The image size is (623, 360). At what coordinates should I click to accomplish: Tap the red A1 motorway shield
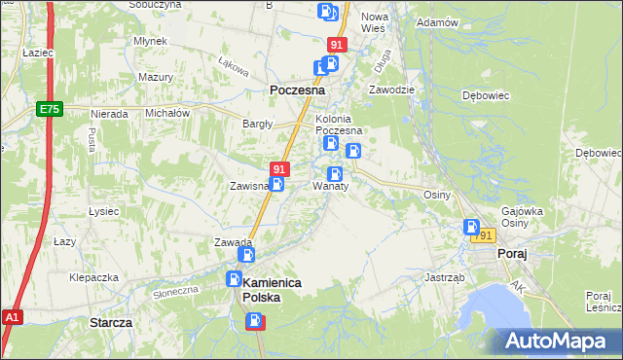pyautogui.click(x=12, y=317)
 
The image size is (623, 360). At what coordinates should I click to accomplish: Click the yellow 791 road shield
pyautogui.click(x=484, y=236)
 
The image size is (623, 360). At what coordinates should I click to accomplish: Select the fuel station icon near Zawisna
pyautogui.click(x=277, y=184)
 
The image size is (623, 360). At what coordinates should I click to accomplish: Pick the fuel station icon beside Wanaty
pyautogui.click(x=334, y=174)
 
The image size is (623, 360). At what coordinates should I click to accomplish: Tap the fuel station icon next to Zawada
pyautogui.click(x=247, y=255)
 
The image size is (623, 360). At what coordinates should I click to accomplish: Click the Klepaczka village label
pyautogui.click(x=93, y=277)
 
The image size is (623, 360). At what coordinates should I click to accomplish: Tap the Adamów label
pyautogui.click(x=436, y=22)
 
